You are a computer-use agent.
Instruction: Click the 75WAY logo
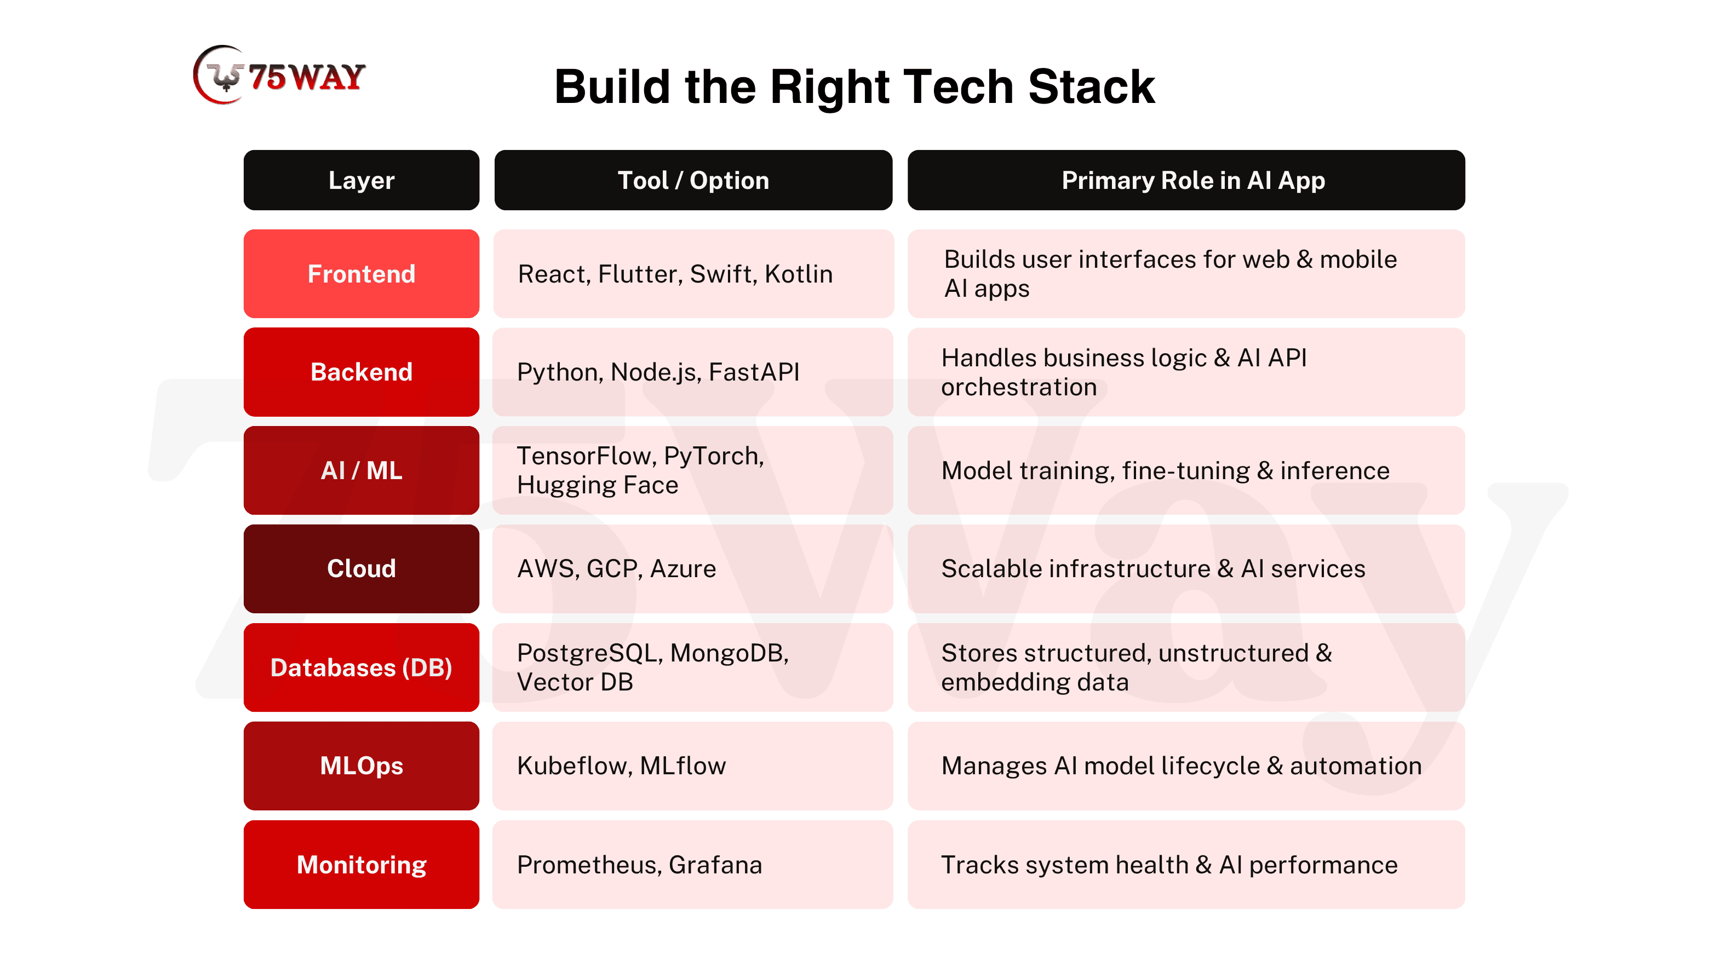[279, 75]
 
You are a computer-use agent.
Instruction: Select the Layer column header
[361, 180]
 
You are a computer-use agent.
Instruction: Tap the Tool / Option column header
[693, 180]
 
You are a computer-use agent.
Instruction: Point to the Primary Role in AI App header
[1186, 180]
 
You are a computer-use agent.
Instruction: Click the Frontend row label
[361, 274]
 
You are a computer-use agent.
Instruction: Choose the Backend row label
[361, 372]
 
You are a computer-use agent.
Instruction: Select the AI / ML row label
[361, 470]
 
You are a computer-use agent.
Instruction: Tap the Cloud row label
[361, 568]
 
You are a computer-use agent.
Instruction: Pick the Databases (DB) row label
[361, 667]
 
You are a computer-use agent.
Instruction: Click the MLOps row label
[361, 766]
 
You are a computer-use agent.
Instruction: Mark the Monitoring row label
[361, 864]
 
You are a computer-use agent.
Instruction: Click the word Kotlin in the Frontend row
[799, 274]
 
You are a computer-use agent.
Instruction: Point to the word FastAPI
[754, 372]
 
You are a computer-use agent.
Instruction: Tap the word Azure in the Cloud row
[684, 568]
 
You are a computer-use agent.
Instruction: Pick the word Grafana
[716, 865]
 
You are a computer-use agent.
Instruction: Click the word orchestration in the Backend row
[1019, 387]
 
